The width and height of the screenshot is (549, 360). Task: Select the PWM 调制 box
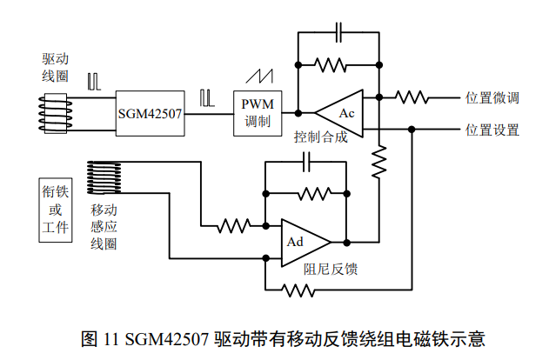click(x=257, y=112)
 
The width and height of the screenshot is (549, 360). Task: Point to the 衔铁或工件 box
click(x=54, y=210)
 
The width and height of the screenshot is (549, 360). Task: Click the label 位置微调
click(x=492, y=97)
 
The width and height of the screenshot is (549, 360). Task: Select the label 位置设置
click(x=492, y=130)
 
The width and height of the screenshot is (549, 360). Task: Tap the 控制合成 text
click(x=320, y=137)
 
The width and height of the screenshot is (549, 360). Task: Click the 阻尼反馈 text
click(x=331, y=269)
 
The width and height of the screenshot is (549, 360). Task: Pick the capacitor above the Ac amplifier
click(x=339, y=33)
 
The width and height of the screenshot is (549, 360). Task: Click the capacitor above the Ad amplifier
click(x=305, y=161)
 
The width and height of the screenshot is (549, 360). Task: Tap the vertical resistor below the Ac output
click(x=378, y=161)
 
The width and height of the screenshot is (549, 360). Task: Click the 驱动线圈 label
click(x=56, y=66)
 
